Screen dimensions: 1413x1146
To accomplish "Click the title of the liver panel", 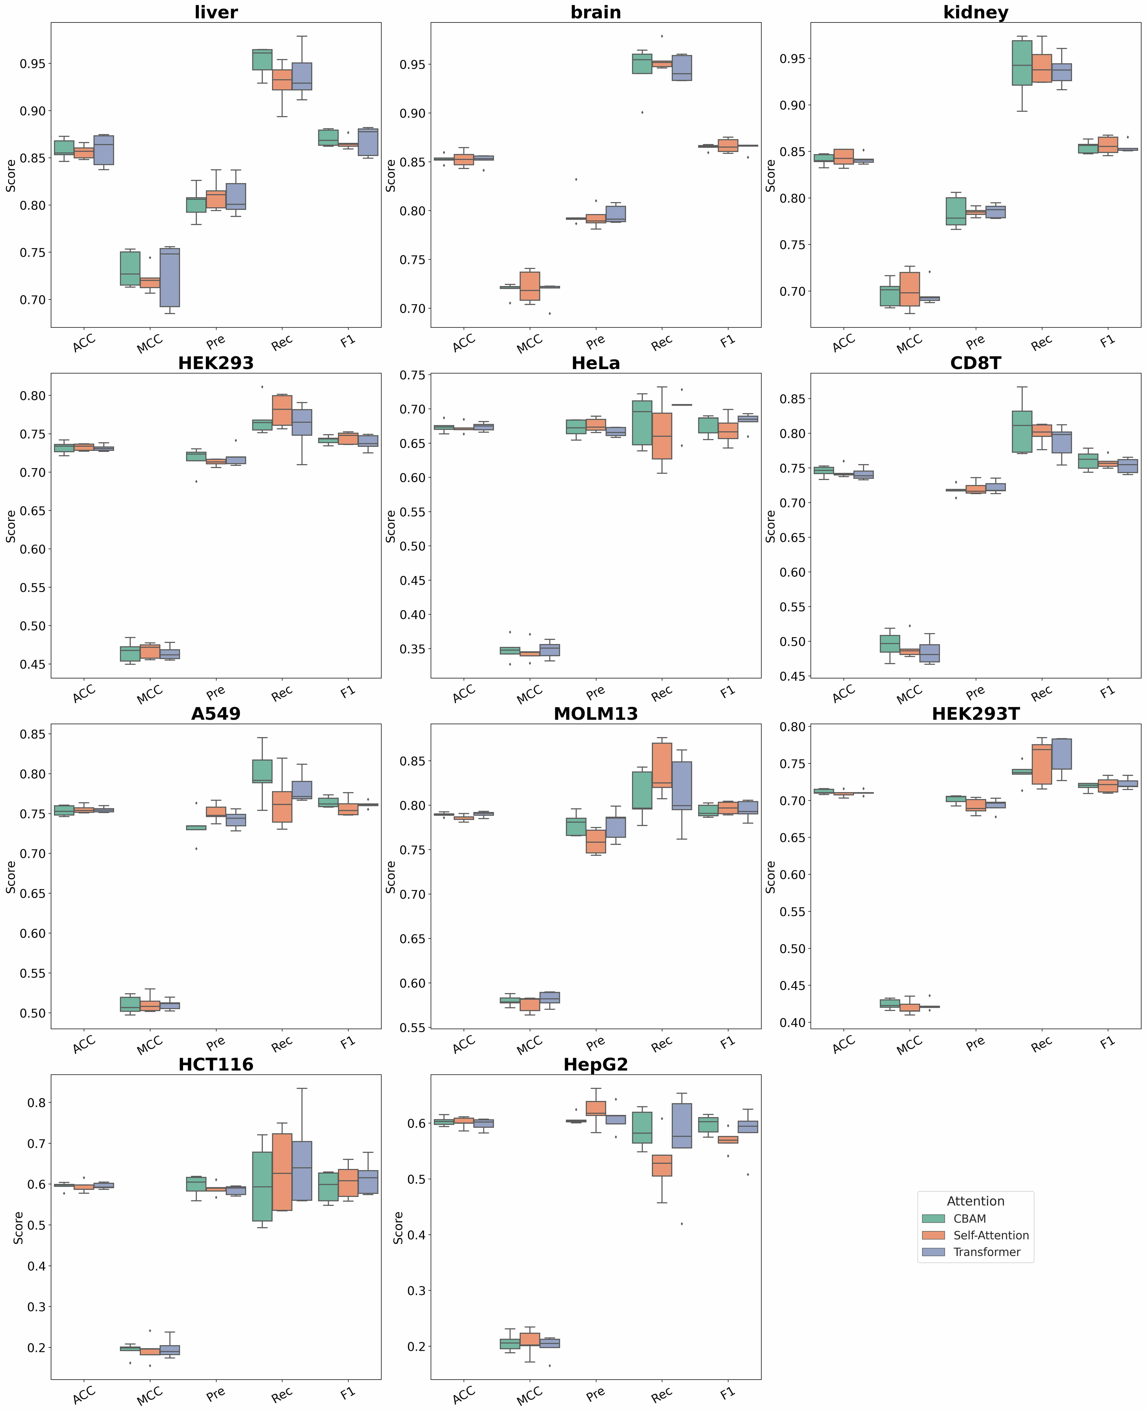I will [x=216, y=13].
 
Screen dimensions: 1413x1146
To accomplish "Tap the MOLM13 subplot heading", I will [x=595, y=714].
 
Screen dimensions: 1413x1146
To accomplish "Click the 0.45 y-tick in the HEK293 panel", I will [x=33, y=665].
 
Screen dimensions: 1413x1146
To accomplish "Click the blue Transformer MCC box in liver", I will [x=170, y=277].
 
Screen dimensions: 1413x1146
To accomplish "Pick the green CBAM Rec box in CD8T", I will [x=1022, y=432].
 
